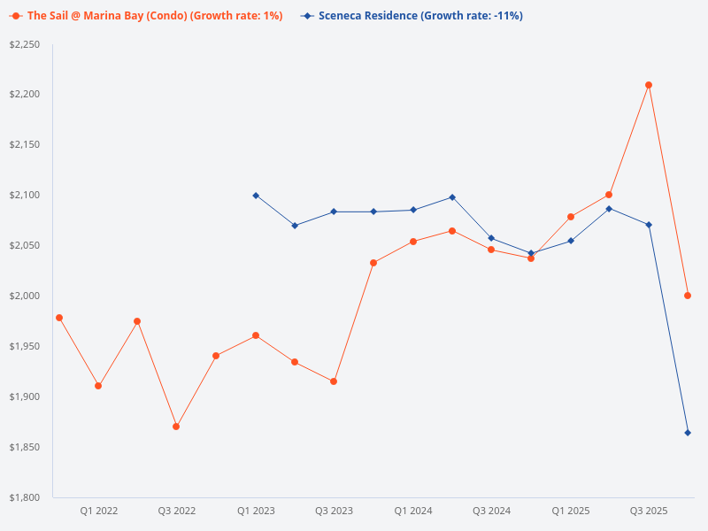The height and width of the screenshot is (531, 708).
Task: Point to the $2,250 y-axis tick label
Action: click(x=25, y=44)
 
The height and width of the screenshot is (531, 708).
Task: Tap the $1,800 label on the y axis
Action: click(x=25, y=497)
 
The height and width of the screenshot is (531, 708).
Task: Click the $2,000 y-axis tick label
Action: click(x=25, y=296)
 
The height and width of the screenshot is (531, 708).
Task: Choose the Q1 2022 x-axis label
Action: click(x=99, y=511)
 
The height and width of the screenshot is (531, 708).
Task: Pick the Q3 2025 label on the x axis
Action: click(x=649, y=511)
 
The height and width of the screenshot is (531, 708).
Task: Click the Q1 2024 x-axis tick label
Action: click(x=413, y=511)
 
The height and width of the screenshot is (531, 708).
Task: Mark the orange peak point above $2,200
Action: click(x=649, y=85)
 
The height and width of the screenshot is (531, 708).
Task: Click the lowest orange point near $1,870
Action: click(x=176, y=427)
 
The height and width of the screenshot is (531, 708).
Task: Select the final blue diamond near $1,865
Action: click(x=688, y=433)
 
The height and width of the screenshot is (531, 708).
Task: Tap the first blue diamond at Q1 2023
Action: click(x=256, y=196)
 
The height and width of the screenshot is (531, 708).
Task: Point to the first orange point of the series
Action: click(x=59, y=318)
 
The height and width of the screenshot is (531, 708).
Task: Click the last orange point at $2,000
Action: click(x=688, y=296)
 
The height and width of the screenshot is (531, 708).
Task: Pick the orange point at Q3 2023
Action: click(x=334, y=381)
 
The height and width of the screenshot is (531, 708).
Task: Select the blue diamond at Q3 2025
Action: click(x=649, y=225)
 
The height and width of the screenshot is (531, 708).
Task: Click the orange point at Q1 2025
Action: click(x=571, y=217)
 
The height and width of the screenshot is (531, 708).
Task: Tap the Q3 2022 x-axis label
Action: click(x=177, y=511)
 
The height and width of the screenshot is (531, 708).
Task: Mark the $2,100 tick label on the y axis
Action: click(x=25, y=195)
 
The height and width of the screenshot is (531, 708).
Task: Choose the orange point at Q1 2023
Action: click(x=256, y=335)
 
